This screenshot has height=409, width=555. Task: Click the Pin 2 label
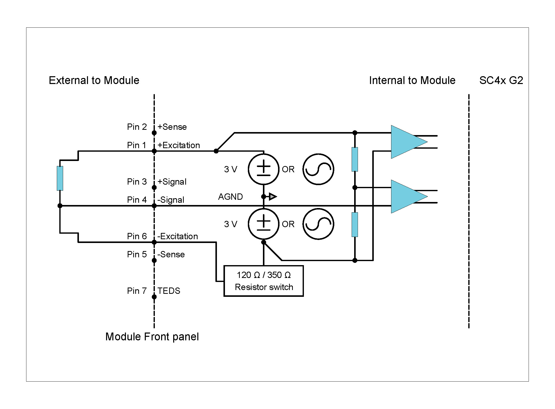137,127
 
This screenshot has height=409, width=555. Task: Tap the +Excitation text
178,145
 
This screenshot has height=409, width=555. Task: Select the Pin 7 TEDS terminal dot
154,297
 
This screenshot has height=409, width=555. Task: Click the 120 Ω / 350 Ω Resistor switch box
263,281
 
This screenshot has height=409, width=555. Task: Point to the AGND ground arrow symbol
272,196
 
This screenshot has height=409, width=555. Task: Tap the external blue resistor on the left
60,178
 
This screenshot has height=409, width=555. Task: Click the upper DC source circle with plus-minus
263,169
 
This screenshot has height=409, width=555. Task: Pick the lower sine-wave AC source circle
318,224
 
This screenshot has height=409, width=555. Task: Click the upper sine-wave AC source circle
318,169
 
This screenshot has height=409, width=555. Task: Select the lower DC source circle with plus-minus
263,224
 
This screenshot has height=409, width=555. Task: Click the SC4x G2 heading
501,80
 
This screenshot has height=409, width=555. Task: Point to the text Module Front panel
152,337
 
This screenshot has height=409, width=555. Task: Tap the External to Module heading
94,80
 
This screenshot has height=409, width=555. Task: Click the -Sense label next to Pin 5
171,254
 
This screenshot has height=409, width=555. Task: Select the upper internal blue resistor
355,159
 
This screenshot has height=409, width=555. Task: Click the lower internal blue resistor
355,224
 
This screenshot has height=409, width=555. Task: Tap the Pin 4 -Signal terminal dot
154,206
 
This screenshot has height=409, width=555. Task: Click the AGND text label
230,197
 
